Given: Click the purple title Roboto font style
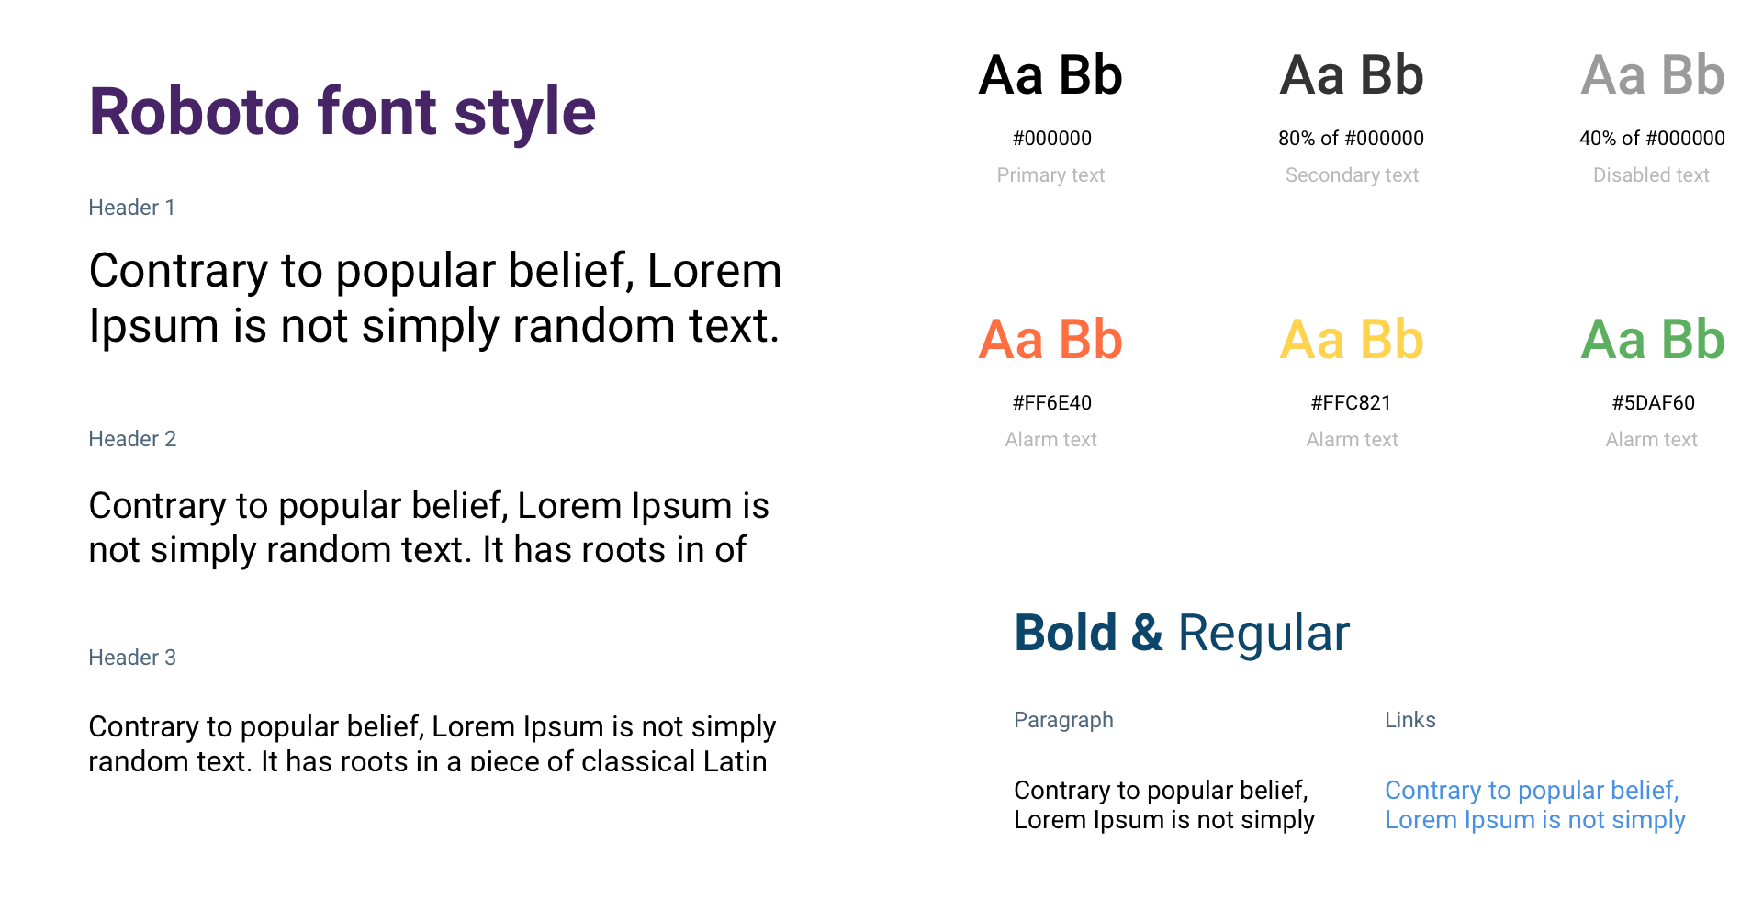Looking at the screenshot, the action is (x=342, y=112).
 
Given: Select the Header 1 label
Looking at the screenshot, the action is (x=131, y=208).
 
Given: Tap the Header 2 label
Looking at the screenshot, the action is (x=132, y=439).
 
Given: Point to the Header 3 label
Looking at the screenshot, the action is (x=132, y=658).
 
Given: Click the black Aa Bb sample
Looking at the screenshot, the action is (x=1050, y=75).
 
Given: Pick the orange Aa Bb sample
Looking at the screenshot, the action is (x=1050, y=340).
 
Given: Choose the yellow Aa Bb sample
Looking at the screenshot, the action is (x=1352, y=340).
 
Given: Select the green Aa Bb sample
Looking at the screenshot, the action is (x=1653, y=340).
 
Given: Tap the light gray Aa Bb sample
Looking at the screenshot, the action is (x=1653, y=75).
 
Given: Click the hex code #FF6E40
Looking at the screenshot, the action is (x=1051, y=403).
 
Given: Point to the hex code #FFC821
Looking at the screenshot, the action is (x=1351, y=403).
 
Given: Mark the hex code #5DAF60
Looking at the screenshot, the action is (x=1653, y=403).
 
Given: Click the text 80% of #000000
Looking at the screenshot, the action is (x=1351, y=139).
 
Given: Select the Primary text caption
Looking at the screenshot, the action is (x=1050, y=175).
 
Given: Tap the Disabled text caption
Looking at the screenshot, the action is (x=1651, y=175).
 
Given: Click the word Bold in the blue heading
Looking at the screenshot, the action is (x=1065, y=633).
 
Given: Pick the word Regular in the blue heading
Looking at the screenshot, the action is (x=1263, y=635).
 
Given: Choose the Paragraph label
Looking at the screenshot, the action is (x=1063, y=721).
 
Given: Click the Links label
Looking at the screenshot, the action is (x=1409, y=720).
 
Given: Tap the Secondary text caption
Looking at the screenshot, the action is (x=1352, y=175).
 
